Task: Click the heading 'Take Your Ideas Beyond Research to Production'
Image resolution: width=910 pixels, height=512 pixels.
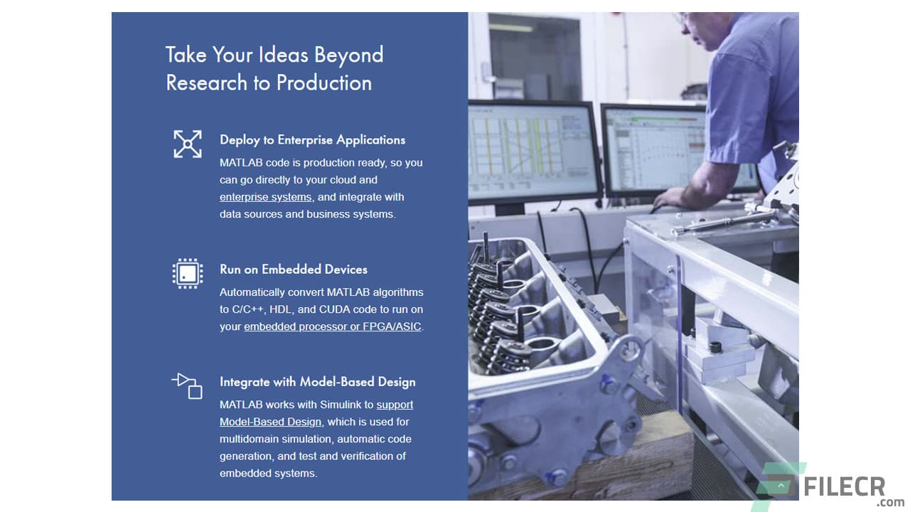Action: click(274, 68)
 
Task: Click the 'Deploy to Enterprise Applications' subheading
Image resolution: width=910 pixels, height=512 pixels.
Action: click(312, 140)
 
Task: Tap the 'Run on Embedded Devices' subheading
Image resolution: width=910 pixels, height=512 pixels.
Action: click(293, 270)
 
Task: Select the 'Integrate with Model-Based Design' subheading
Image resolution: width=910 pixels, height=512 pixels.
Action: click(317, 382)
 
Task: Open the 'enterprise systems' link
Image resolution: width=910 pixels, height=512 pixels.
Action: click(265, 197)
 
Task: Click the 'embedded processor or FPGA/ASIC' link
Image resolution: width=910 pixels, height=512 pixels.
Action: click(333, 326)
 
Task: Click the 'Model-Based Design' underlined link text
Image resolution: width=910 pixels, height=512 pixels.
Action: click(270, 422)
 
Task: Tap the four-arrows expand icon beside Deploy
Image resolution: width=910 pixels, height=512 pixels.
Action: click(188, 144)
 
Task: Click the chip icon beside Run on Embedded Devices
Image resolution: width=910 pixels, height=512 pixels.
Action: click(188, 273)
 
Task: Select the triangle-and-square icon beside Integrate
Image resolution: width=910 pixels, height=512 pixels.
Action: click(188, 385)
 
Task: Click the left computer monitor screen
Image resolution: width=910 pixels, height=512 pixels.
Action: click(533, 151)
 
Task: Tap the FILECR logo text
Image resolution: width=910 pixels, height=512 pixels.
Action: click(844, 488)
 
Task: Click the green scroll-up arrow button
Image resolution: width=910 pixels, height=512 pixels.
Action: click(781, 486)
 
